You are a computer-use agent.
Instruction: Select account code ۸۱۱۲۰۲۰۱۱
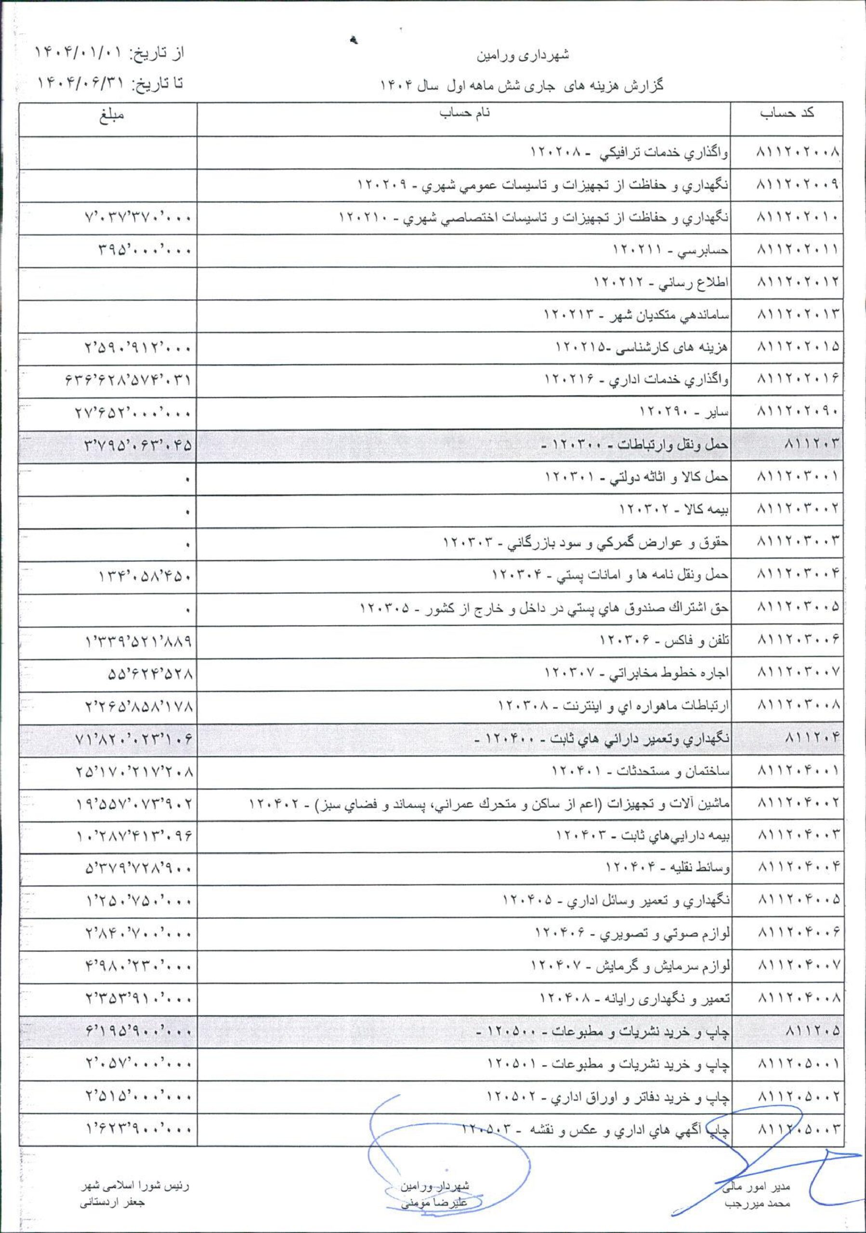(x=797, y=250)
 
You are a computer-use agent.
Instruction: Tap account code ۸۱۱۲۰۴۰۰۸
(x=797, y=999)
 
